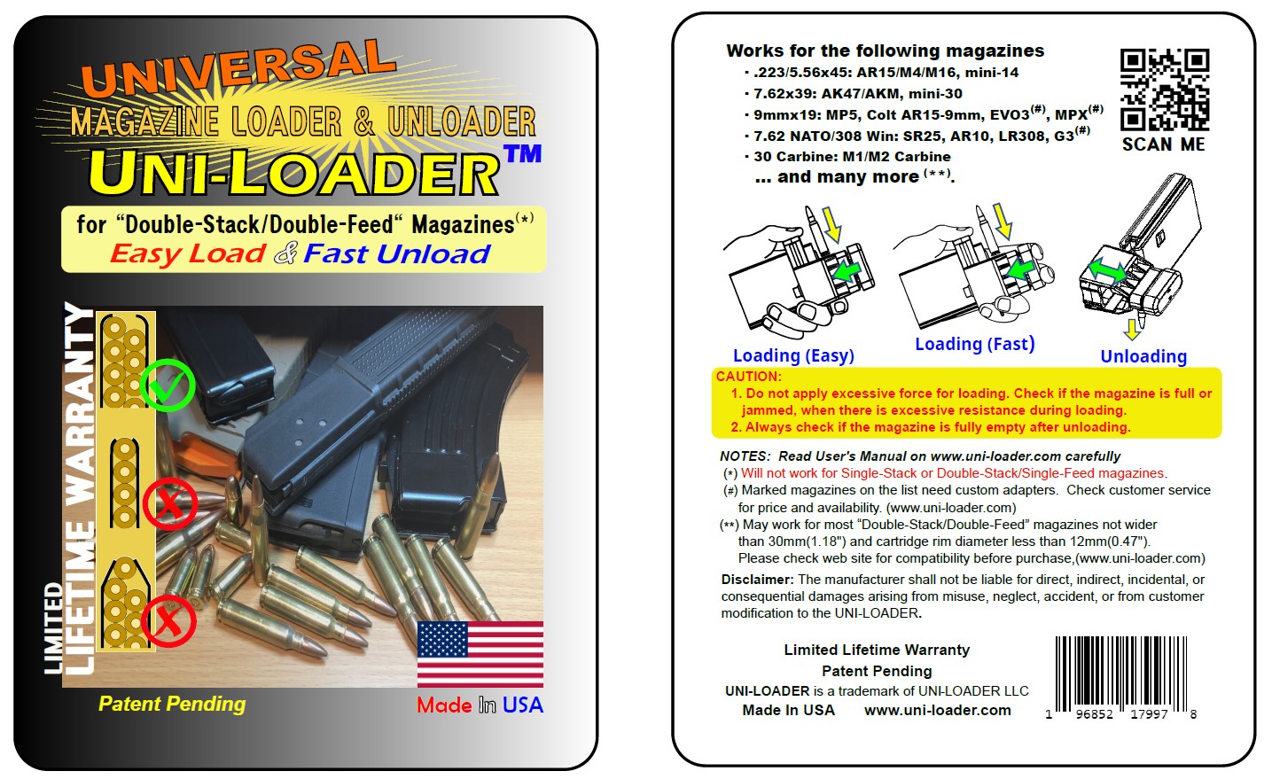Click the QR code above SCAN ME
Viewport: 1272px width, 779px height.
1164,90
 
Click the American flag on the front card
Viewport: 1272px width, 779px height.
480,653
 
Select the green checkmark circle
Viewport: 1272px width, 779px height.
168,385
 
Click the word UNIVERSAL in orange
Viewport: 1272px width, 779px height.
238,67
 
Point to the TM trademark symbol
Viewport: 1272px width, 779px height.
522,154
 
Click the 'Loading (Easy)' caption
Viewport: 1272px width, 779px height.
793,355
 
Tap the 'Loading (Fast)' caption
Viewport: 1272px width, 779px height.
974,344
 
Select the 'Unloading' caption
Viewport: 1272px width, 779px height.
1143,356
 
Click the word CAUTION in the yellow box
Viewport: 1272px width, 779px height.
748,377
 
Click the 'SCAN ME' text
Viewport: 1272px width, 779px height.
1163,144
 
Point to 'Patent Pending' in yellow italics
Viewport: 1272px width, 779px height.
172,704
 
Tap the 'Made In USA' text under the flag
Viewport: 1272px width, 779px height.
480,705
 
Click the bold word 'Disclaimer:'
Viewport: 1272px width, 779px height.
757,580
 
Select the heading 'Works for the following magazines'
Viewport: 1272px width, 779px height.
885,51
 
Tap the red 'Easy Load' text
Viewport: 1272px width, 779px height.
187,253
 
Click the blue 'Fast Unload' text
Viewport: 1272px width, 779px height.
396,254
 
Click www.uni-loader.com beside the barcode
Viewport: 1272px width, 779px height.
937,710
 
